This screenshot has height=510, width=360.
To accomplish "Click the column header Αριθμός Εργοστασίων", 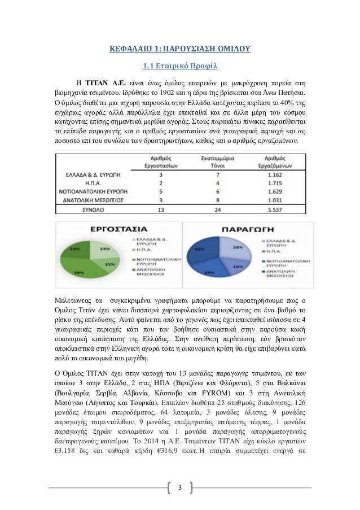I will coord(161,164).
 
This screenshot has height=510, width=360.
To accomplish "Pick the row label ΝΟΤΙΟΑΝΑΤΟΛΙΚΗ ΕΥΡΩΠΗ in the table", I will coord(94,192).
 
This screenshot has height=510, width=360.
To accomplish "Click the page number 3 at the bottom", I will coord(181,487).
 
